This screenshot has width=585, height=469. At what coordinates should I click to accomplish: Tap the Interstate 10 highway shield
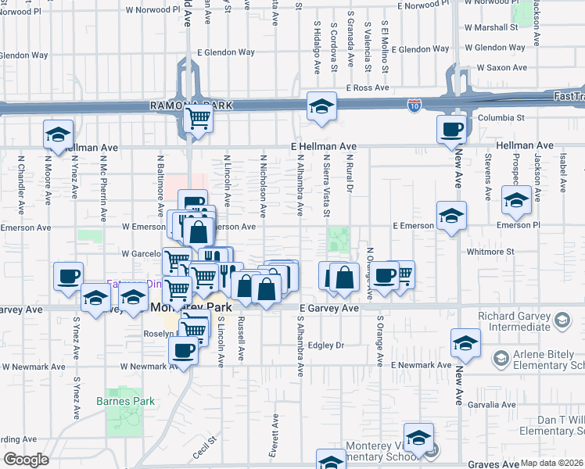coord(415,104)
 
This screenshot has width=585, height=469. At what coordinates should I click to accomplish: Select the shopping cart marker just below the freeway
coord(198,120)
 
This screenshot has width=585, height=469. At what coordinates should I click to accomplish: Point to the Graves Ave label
coord(493,464)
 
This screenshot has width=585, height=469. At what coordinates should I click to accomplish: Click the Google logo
coord(26,459)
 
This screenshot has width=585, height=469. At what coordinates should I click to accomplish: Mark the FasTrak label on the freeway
coord(568,96)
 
